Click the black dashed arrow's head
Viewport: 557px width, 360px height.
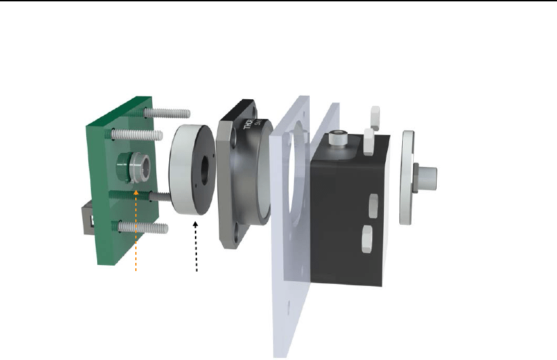click(197, 218)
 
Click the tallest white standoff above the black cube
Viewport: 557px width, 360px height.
click(373, 118)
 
